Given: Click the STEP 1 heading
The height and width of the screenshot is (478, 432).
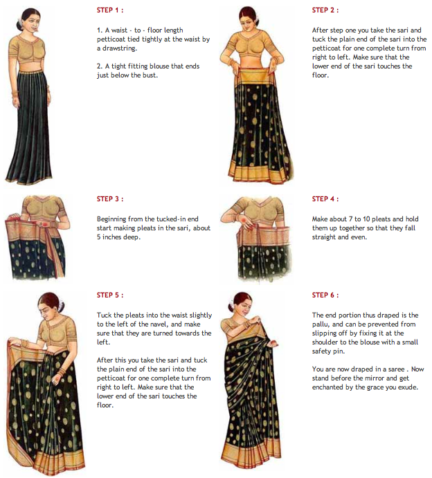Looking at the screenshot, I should click(x=111, y=10).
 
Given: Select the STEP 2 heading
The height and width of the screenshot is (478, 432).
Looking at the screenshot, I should click(x=326, y=10).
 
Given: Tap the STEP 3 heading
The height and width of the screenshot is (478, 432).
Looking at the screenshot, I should click(x=111, y=199).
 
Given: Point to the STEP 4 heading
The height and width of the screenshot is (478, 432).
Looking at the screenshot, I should click(x=326, y=199).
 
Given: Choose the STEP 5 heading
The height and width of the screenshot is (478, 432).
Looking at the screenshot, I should click(x=111, y=295).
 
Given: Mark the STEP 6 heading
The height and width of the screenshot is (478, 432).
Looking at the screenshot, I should click(x=326, y=295).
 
